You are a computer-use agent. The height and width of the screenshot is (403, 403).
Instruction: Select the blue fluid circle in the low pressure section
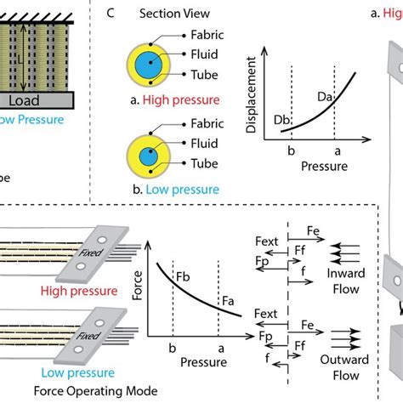(x=150, y=153)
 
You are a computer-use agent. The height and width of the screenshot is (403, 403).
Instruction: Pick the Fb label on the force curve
(x=181, y=276)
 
